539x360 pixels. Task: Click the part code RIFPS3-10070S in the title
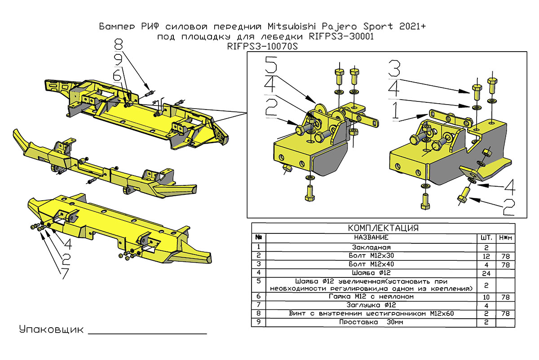[263, 46]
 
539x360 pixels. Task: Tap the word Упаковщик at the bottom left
[51, 330]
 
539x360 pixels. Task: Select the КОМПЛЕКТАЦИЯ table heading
[383, 228]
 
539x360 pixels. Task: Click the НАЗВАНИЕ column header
[371, 237]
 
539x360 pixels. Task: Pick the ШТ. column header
[486, 237]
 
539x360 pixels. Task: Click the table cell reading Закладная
[371, 247]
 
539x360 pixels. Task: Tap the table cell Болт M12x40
[371, 264]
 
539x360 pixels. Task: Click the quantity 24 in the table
[486, 273]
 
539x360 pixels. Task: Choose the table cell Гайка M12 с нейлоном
[371, 297]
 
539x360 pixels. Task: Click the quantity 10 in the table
[486, 297]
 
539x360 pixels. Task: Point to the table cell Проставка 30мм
[371, 322]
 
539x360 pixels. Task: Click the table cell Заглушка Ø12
[371, 305]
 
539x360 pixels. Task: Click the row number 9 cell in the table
[258, 322]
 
